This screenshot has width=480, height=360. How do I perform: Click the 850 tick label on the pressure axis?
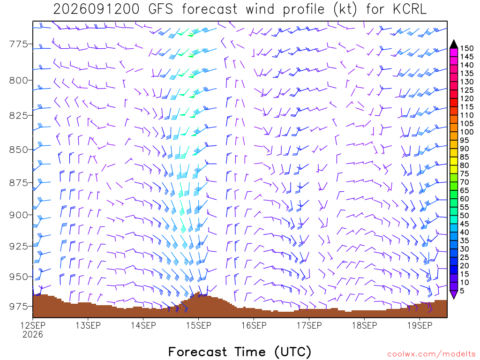[19, 150]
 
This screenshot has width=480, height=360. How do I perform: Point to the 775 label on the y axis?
[19, 44]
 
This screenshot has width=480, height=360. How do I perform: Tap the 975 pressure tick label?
[19, 307]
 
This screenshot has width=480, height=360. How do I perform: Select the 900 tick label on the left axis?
[19, 215]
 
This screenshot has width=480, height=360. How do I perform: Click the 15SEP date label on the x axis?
[199, 325]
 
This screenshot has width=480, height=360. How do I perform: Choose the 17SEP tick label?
[309, 325]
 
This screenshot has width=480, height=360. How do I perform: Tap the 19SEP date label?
[420, 325]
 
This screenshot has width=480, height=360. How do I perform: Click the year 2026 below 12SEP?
[33, 334]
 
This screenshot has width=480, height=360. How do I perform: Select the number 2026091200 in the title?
[96, 9]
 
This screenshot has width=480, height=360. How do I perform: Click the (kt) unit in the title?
[345, 9]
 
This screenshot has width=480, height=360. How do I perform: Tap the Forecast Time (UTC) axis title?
[240, 352]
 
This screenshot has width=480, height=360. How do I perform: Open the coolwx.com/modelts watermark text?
[432, 354]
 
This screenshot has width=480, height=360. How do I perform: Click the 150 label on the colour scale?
[466, 48]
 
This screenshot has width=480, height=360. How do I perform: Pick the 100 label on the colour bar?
[466, 132]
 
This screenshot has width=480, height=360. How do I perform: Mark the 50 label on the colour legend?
[465, 216]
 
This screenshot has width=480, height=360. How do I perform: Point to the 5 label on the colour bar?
[462, 291]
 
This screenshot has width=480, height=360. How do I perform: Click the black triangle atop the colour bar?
[454, 45]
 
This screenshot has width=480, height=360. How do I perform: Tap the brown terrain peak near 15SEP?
[198, 293]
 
